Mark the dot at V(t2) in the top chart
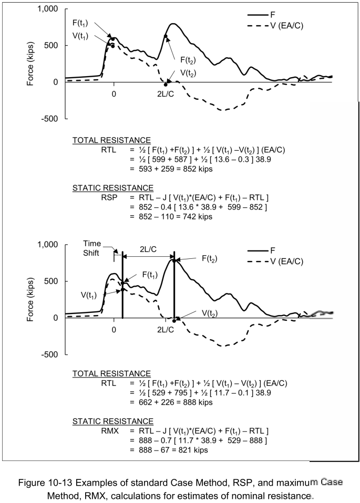coord(166,85)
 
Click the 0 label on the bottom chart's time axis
coord(114,330)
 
